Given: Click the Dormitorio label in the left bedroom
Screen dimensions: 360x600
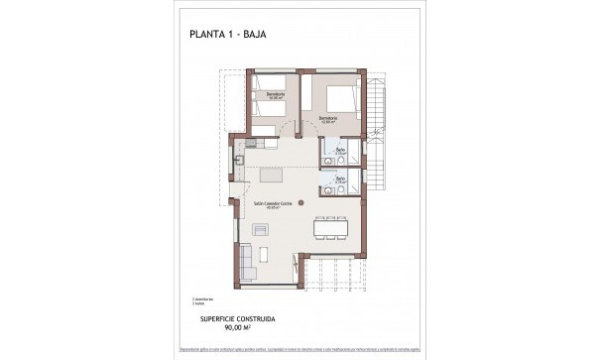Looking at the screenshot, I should coord(266,95).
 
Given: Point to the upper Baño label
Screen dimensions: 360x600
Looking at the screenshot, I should coord(340,150).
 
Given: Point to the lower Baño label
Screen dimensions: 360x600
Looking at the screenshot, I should coord(340,180).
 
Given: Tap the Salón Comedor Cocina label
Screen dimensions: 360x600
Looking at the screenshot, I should coord(271,204).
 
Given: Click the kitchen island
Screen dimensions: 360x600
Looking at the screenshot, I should coord(279,176).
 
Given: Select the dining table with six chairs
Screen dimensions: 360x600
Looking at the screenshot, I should coord(329,227).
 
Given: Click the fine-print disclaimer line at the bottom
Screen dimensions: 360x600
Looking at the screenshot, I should coord(300,350).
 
